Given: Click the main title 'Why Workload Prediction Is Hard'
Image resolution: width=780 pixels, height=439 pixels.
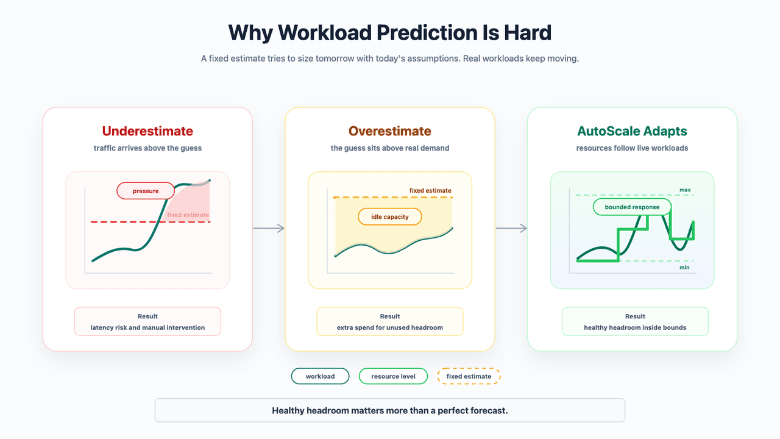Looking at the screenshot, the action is [389, 33].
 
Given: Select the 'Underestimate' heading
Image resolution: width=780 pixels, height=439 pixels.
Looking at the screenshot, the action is [147, 131].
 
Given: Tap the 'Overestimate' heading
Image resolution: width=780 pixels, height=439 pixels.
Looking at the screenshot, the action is [389, 131].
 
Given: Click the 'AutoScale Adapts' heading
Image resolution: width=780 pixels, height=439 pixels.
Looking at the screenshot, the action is [632, 131].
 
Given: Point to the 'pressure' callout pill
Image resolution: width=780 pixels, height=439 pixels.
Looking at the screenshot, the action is [146, 191].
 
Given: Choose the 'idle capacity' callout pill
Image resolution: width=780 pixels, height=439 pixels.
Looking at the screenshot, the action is [389, 216].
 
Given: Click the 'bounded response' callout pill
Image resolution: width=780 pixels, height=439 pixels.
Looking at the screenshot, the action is [632, 207].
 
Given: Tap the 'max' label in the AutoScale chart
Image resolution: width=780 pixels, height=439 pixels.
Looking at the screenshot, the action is [685, 190].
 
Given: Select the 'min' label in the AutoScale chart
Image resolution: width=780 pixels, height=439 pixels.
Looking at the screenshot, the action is [684, 268].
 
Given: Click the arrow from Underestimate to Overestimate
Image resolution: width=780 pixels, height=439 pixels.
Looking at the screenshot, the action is [269, 228].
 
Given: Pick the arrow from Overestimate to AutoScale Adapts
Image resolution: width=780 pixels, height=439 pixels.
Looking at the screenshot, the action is [511, 228].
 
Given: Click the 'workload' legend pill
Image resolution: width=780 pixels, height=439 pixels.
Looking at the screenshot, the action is [320, 376].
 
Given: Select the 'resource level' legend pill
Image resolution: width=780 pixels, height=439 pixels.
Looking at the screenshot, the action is [393, 376].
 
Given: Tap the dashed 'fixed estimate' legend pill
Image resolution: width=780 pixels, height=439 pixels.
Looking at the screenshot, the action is [469, 376].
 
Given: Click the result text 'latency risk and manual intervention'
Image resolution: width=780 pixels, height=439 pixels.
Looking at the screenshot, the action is [147, 327].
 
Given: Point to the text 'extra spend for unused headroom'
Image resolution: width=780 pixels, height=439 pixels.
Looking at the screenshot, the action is [389, 327].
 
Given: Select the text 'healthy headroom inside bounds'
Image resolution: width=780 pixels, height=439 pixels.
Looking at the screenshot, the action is [635, 327].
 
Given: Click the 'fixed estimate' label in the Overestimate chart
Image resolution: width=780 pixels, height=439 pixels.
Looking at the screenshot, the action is [430, 191].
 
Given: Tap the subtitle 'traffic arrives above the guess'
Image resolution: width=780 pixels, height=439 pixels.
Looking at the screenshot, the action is [147, 148].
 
